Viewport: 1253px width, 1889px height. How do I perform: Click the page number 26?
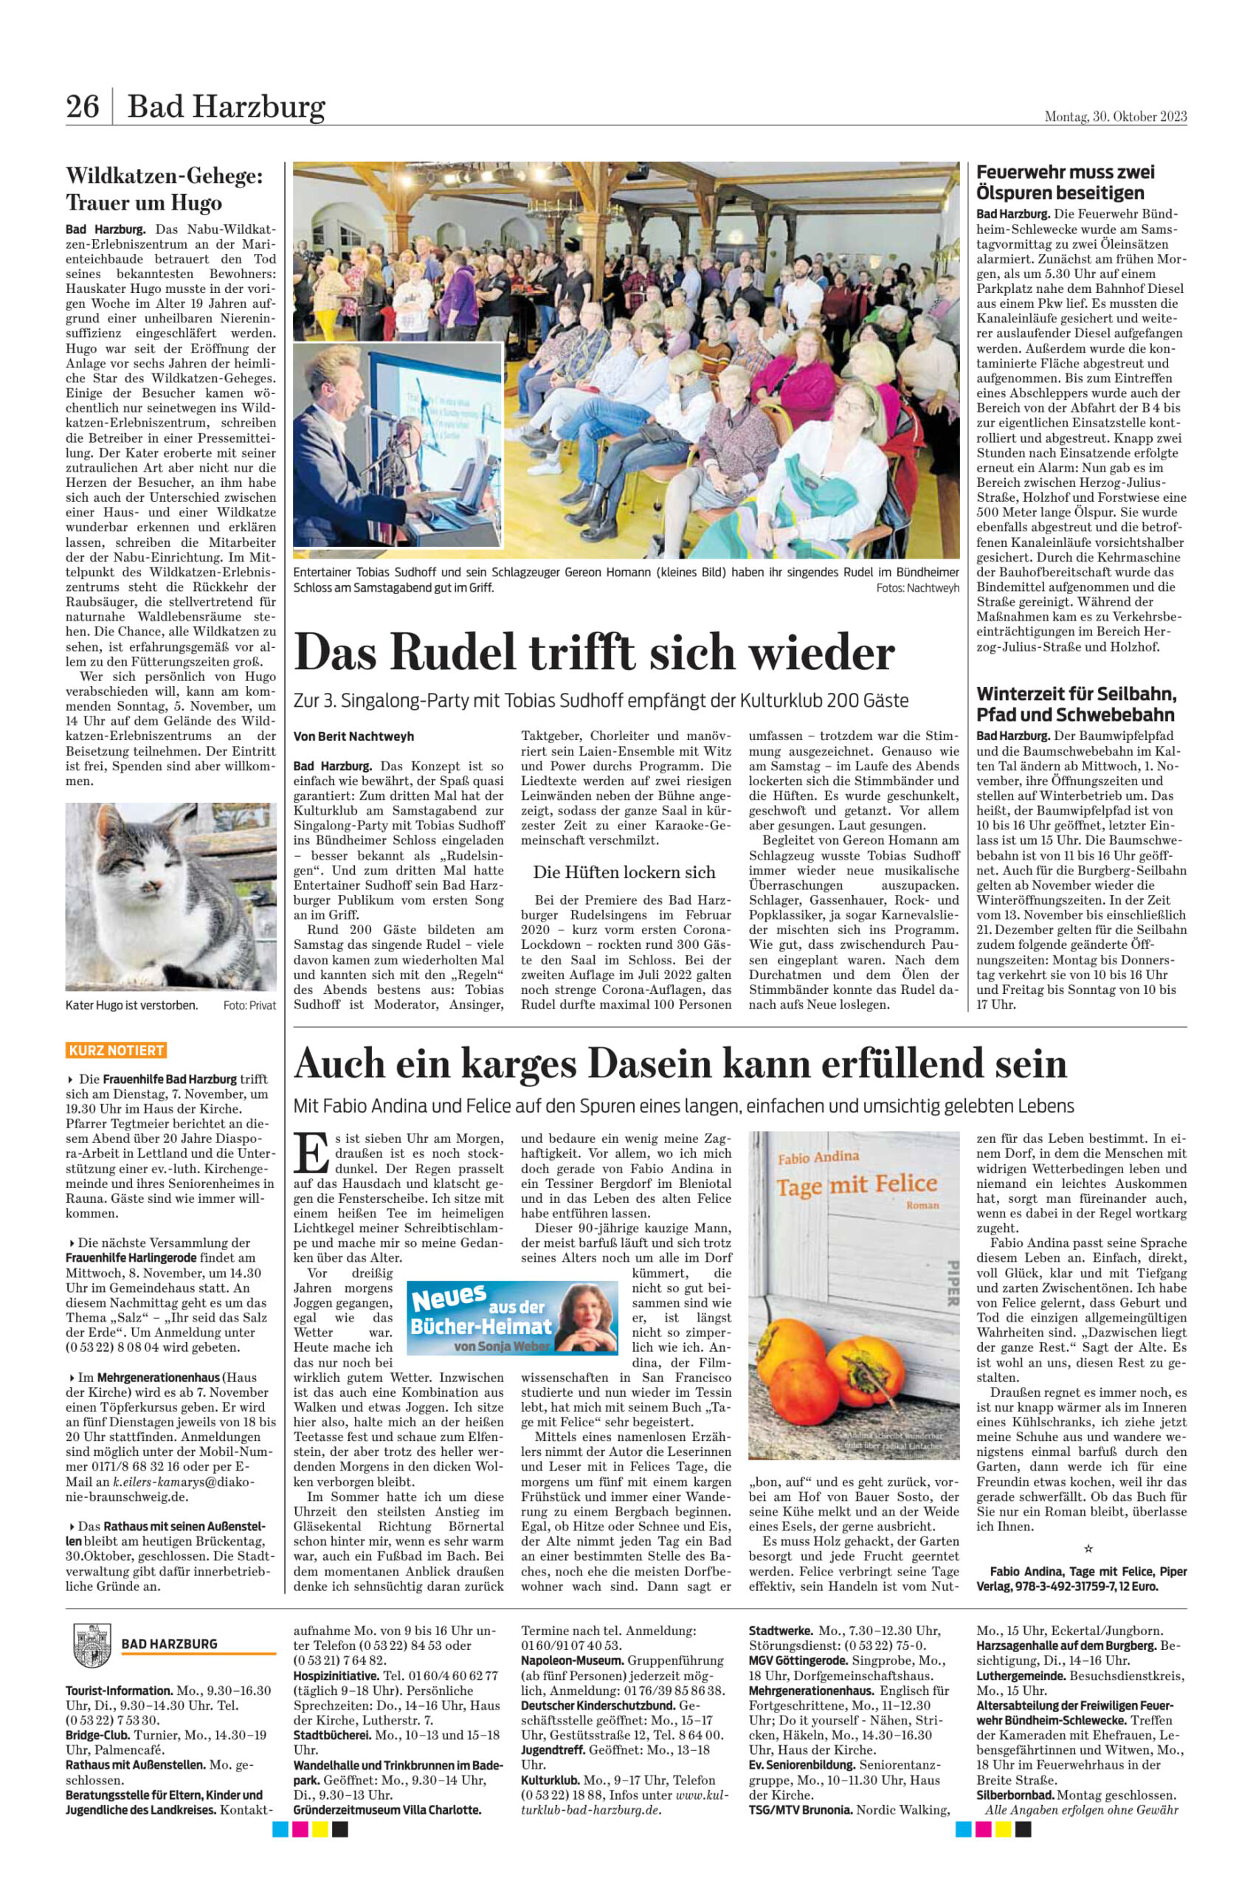click(83, 106)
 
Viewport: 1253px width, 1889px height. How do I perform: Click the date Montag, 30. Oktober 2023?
click(1116, 117)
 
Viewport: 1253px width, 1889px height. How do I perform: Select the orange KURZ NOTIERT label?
click(116, 1050)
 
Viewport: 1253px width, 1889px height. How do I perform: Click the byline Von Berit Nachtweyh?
click(354, 736)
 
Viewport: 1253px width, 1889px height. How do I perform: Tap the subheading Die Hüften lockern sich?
click(624, 871)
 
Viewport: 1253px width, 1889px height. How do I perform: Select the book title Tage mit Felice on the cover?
click(857, 1184)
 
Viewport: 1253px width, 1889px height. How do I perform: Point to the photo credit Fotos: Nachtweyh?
click(917, 588)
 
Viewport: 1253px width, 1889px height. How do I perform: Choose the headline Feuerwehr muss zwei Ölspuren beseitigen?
click(1066, 182)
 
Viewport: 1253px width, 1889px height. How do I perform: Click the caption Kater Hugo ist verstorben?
click(131, 1004)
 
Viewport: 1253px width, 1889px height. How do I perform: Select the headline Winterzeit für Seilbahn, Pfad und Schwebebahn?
click(1076, 704)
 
